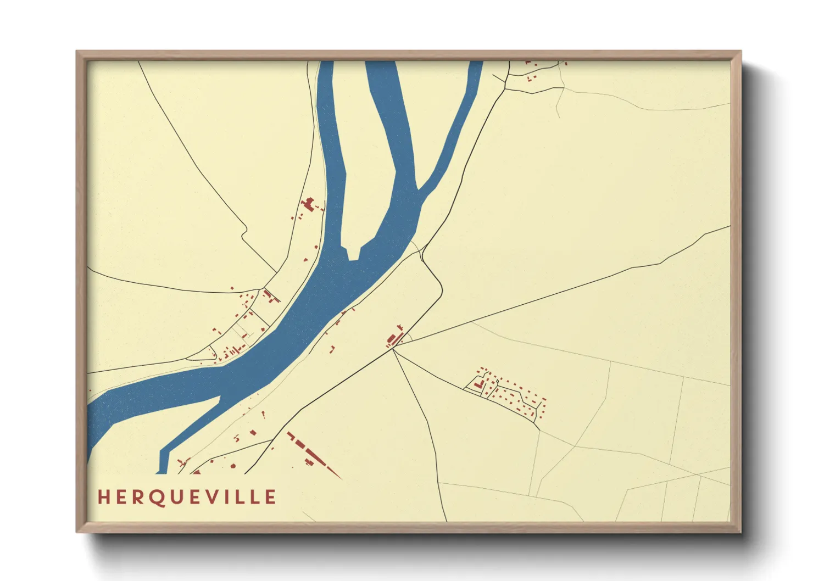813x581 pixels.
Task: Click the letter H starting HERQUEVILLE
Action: (103, 497)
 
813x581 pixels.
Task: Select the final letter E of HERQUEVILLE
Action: (270, 497)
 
